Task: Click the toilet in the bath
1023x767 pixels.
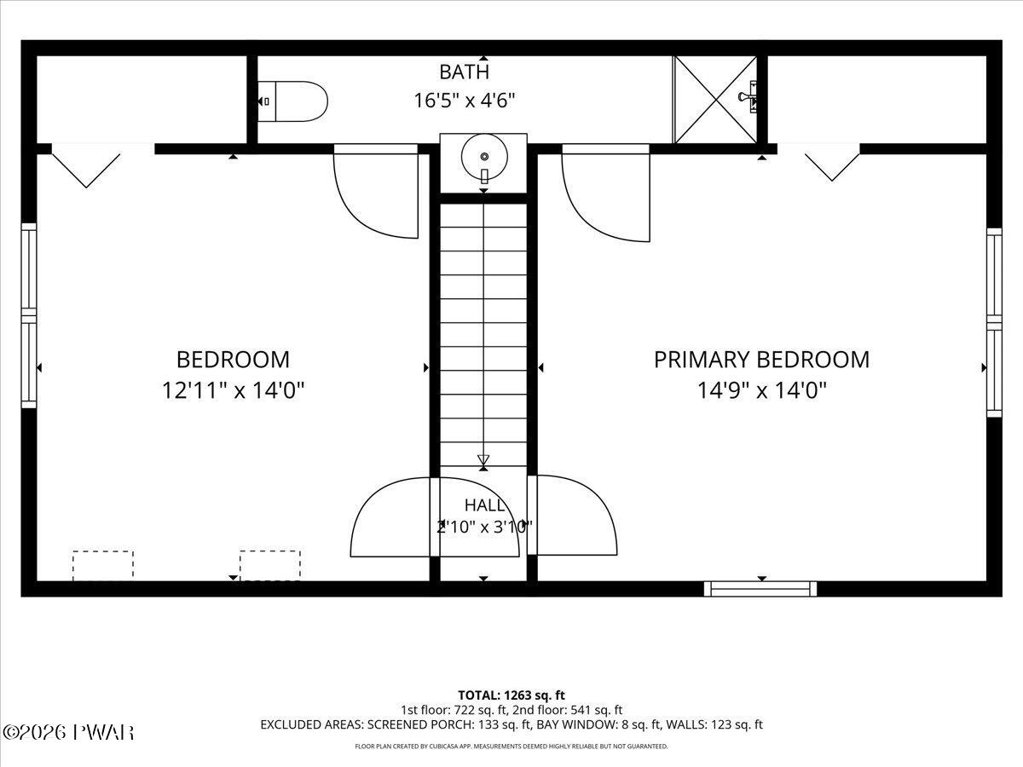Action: coord(292,101)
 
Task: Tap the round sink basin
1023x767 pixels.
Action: coord(484,157)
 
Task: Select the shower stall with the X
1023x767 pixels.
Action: coord(715,99)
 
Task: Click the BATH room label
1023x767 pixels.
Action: coord(465,72)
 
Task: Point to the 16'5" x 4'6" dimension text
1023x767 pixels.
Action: coord(465,101)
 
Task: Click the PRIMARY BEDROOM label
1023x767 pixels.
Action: coord(761,360)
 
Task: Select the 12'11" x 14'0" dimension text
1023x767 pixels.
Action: coord(233,390)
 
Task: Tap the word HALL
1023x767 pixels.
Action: coord(484,505)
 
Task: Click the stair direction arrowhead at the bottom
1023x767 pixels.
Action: coord(483,459)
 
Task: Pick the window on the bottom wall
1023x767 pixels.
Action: coord(760,589)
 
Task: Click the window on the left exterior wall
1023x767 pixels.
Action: coord(28,315)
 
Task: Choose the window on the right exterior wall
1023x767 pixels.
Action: coord(994,323)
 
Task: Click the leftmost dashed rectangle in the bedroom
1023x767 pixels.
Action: coord(103,566)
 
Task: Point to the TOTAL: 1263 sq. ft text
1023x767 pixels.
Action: coord(511,695)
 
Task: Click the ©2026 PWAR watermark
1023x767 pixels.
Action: coord(68,733)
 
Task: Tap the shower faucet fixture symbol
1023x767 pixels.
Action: coord(748,97)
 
